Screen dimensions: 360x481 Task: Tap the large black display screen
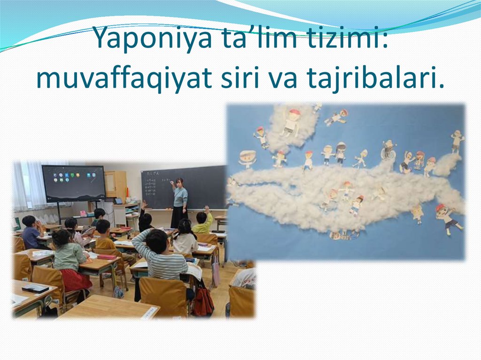73,183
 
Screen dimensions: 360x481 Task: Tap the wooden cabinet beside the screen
115,184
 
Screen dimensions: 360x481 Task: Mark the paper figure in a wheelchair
388,150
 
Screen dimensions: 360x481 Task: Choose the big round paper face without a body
248,158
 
